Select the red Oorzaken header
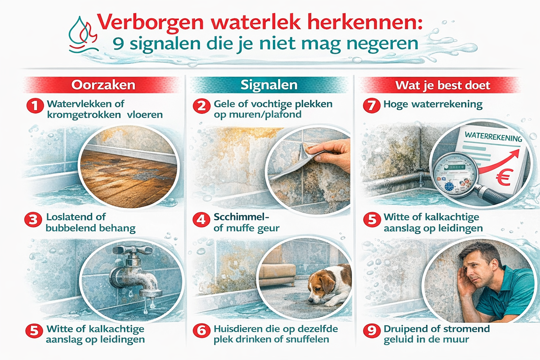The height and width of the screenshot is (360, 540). [103, 85]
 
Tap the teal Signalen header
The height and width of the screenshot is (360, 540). [269, 85]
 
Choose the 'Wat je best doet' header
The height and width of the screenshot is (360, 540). [442, 85]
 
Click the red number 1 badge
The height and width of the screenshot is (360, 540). [35, 105]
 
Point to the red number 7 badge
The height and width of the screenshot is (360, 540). [372, 105]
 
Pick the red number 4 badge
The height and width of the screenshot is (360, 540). [201, 219]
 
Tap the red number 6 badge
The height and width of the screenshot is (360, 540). [201, 330]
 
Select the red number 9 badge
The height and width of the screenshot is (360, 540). [372, 330]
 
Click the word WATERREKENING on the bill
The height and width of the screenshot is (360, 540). [493, 136]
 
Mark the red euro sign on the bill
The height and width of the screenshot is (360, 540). [504, 178]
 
